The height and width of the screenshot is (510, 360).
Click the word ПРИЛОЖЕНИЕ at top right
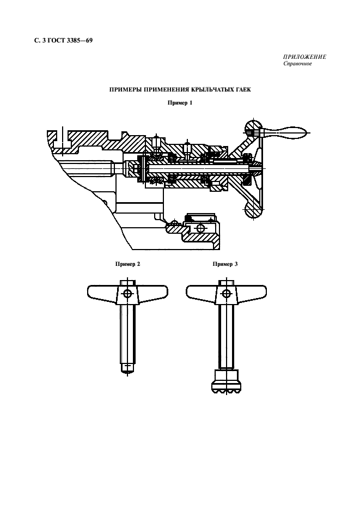[x=304, y=58]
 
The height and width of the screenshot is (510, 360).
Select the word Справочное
[x=297, y=64]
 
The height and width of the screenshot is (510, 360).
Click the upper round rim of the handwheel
[x=253, y=129]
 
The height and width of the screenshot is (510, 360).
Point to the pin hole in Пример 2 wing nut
[x=127, y=294]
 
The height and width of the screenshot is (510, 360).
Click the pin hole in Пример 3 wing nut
[x=225, y=294]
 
